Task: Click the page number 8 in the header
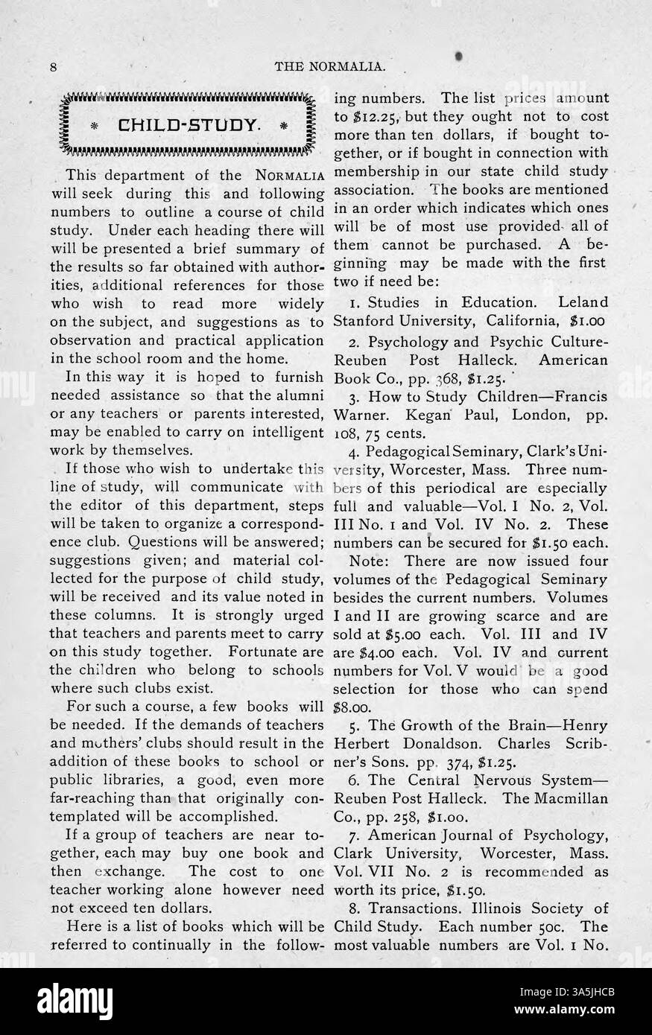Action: click(x=54, y=66)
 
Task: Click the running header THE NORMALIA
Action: click(x=330, y=66)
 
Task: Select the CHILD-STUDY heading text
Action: click(x=187, y=124)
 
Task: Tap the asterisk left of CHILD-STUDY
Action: click(x=95, y=124)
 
